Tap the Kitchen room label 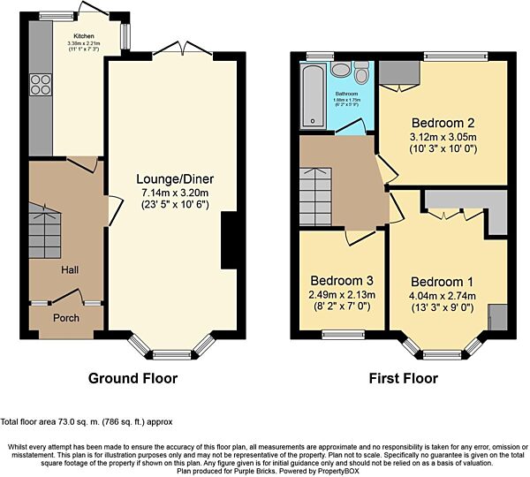point(83,36)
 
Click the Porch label point(66,318)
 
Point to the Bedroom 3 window point(337,334)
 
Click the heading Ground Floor point(132,379)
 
